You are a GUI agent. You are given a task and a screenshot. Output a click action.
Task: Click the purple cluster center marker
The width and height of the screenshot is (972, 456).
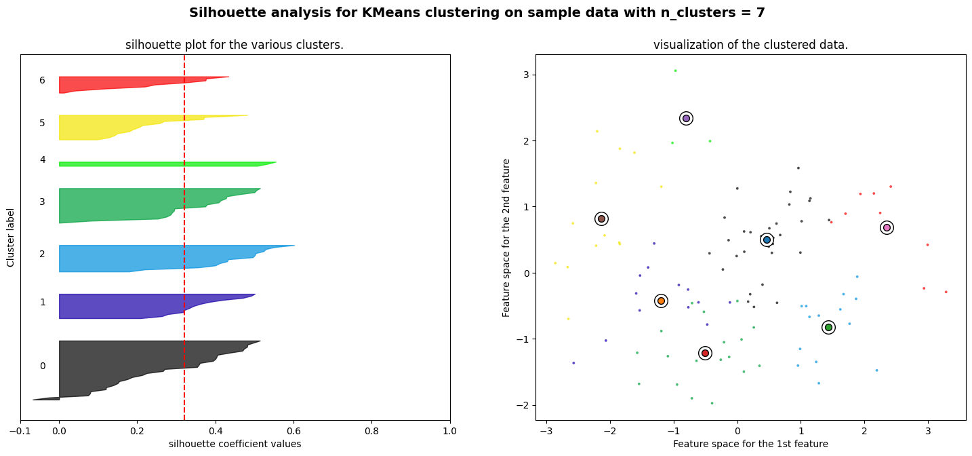click(x=686, y=118)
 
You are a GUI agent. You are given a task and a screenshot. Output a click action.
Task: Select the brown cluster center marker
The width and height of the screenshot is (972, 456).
click(x=601, y=218)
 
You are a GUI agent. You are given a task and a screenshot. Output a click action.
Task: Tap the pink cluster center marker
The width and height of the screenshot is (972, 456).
click(x=887, y=227)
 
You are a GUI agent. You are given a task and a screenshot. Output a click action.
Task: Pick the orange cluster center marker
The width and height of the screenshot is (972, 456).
click(x=661, y=301)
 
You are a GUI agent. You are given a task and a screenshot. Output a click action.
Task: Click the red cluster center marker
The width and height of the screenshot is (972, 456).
click(x=705, y=353)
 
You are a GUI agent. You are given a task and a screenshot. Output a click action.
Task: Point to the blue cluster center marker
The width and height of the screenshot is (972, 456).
click(x=767, y=240)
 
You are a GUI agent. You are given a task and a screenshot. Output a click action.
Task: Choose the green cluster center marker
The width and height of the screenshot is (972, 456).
click(x=828, y=327)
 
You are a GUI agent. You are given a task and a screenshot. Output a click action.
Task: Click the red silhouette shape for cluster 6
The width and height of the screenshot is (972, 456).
click(x=122, y=84)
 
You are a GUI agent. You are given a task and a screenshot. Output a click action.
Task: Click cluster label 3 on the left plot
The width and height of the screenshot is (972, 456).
click(x=42, y=202)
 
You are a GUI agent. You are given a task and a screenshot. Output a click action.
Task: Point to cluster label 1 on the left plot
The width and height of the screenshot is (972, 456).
click(x=42, y=302)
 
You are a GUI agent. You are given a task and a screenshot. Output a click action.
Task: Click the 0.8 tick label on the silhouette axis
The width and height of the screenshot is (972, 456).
click(x=371, y=431)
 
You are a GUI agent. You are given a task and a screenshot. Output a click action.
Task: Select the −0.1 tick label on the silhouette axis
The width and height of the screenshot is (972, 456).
click(x=19, y=431)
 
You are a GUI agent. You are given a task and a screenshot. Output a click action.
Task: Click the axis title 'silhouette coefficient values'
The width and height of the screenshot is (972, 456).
click(x=235, y=444)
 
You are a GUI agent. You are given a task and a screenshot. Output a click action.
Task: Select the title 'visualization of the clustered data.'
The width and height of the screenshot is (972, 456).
click(x=750, y=45)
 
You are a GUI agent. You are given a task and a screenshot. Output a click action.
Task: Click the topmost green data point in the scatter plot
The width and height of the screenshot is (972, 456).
click(x=675, y=71)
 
